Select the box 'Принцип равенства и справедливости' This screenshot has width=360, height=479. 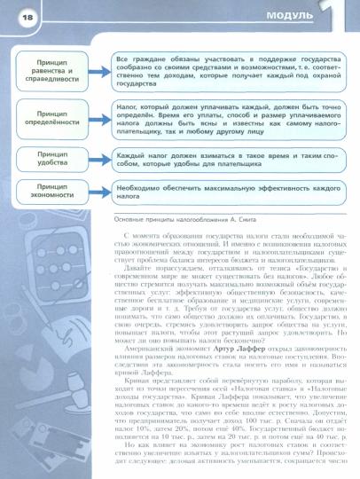(x=58, y=71)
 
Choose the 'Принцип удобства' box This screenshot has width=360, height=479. (x=58, y=160)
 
